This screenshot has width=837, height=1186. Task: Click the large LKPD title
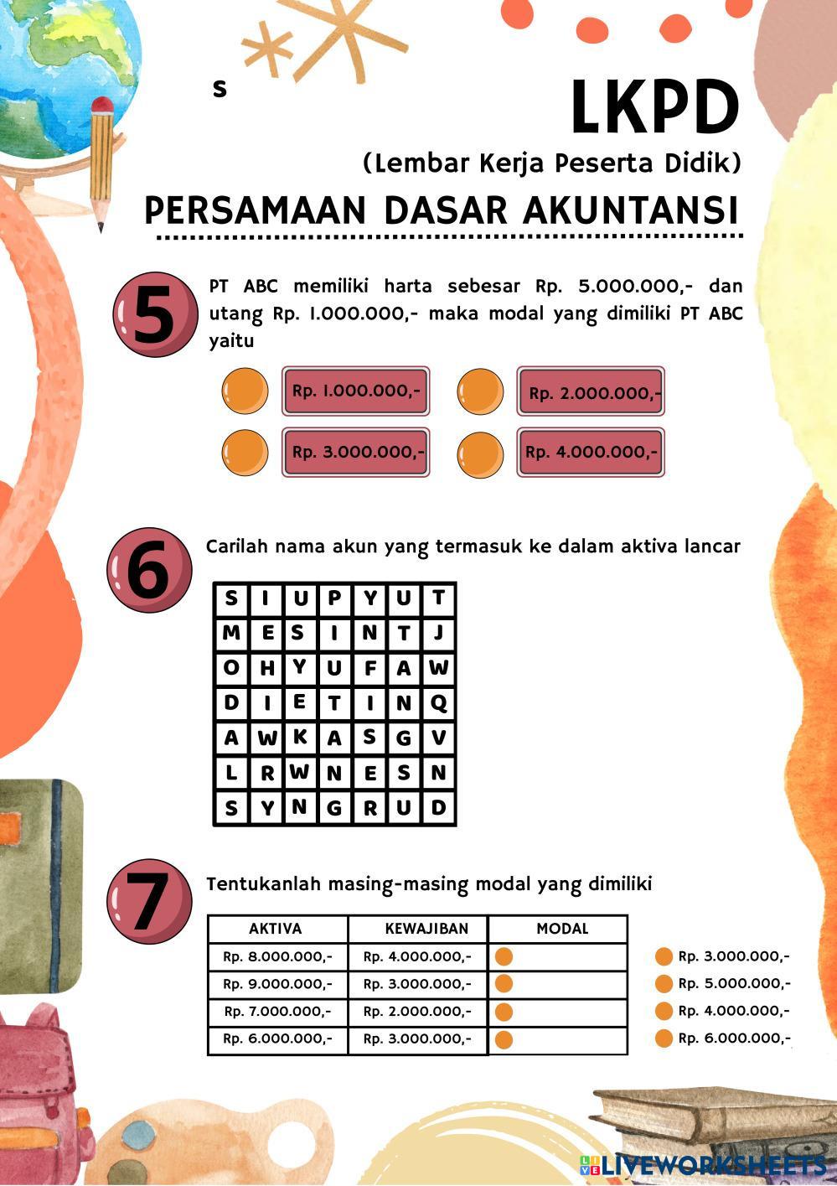[x=654, y=106]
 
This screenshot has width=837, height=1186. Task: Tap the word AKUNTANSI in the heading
[x=630, y=210]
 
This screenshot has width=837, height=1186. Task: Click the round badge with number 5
[x=155, y=314]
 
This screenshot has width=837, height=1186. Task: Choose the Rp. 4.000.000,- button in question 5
[x=591, y=452]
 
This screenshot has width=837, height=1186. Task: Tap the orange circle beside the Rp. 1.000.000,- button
[x=245, y=391]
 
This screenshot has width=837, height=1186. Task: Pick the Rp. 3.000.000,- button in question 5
[x=356, y=452]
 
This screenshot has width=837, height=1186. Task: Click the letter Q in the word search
[x=439, y=703]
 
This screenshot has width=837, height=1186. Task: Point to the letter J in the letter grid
[x=438, y=633]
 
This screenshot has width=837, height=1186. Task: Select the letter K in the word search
[x=300, y=737]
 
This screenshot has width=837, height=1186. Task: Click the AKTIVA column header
[x=276, y=929]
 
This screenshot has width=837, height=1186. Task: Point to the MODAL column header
[x=562, y=929]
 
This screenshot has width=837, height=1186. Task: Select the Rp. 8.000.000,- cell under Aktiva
[x=278, y=956]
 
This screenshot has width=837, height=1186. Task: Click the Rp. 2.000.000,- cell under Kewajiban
[x=417, y=1011]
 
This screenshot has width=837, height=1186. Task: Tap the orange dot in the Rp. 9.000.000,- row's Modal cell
[x=504, y=984]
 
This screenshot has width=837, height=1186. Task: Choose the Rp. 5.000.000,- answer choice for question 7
[x=723, y=983]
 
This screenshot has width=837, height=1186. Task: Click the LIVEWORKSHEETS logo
[x=703, y=1165]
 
